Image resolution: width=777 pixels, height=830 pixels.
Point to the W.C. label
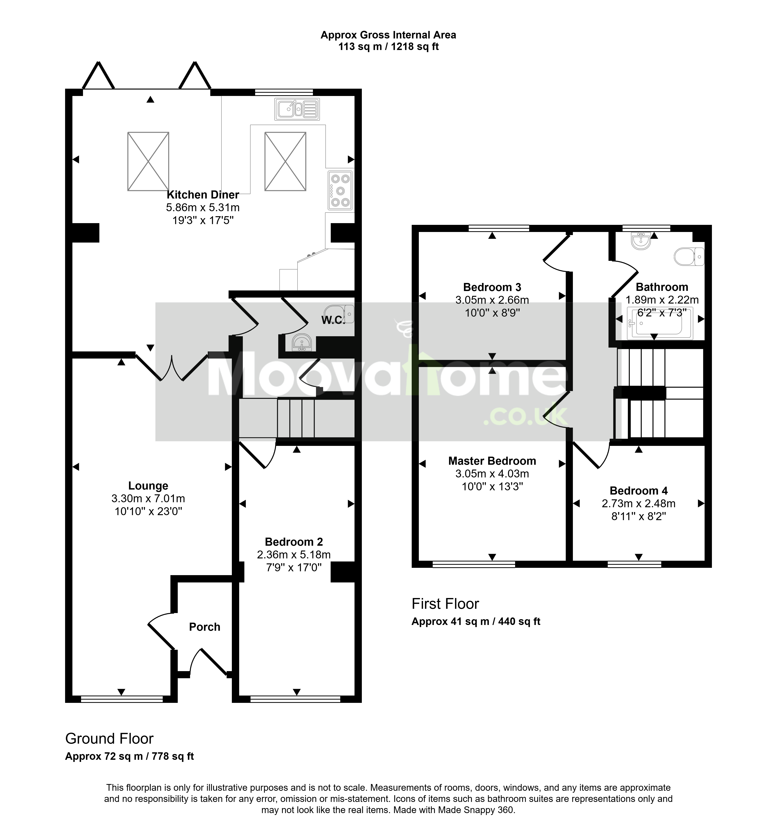(333, 320)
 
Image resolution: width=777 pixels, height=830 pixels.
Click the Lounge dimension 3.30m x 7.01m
(148, 499)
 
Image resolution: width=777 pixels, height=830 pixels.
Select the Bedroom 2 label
(294, 542)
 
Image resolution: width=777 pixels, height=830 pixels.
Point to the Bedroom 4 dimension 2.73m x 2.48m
(639, 504)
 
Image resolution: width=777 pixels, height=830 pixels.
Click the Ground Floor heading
(110, 739)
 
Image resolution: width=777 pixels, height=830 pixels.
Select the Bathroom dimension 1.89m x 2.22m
(662, 300)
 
